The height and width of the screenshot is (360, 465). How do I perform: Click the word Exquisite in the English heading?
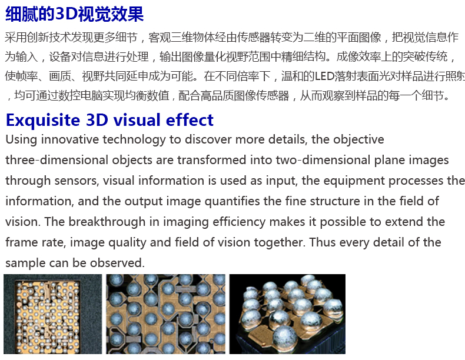(43, 121)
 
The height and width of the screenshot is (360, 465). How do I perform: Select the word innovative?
(69, 139)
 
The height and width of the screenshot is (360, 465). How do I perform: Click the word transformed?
(212, 160)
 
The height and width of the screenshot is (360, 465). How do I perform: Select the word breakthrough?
(107, 222)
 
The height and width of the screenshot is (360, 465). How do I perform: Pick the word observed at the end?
(117, 263)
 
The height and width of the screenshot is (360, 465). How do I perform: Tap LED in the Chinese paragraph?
(324, 76)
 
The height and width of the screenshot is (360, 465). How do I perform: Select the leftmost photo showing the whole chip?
(53, 314)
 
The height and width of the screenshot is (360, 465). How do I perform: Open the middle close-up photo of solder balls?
(166, 314)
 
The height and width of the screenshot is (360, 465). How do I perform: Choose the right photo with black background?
(287, 314)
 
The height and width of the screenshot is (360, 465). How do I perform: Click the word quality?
(127, 243)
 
